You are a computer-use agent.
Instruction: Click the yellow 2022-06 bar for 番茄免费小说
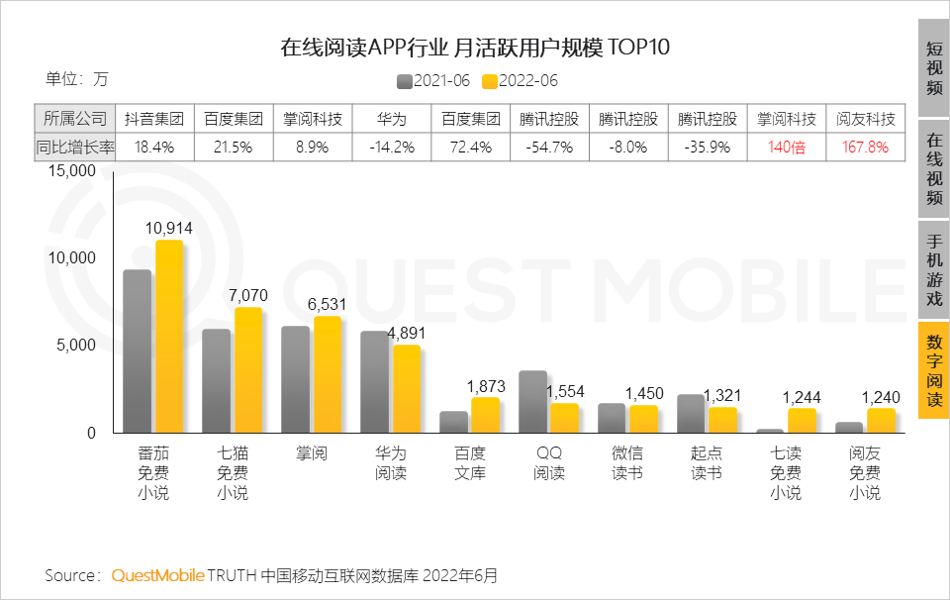point(169,337)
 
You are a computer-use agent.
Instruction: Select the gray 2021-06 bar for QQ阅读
point(533,402)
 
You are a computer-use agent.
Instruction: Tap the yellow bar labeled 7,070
point(248,370)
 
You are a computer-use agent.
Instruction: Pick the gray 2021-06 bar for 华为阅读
point(375,382)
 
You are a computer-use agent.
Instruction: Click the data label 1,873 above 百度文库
point(486,385)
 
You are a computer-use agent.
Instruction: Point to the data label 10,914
point(168,228)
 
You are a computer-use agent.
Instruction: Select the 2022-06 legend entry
point(520,81)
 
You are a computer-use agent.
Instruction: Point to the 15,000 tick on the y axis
point(70,170)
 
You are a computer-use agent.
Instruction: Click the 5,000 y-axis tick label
point(75,346)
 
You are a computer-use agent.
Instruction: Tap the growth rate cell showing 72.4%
point(470,147)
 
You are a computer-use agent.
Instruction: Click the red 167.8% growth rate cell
point(866,147)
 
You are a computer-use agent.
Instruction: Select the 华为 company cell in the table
point(391,119)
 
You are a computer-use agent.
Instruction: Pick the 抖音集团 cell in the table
point(154,119)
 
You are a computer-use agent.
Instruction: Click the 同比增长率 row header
point(75,147)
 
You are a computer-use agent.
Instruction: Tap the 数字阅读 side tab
point(933,370)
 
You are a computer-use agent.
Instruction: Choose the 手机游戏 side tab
point(933,268)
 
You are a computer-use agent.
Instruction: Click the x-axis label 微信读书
point(628,463)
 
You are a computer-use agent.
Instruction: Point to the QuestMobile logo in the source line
point(158,575)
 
